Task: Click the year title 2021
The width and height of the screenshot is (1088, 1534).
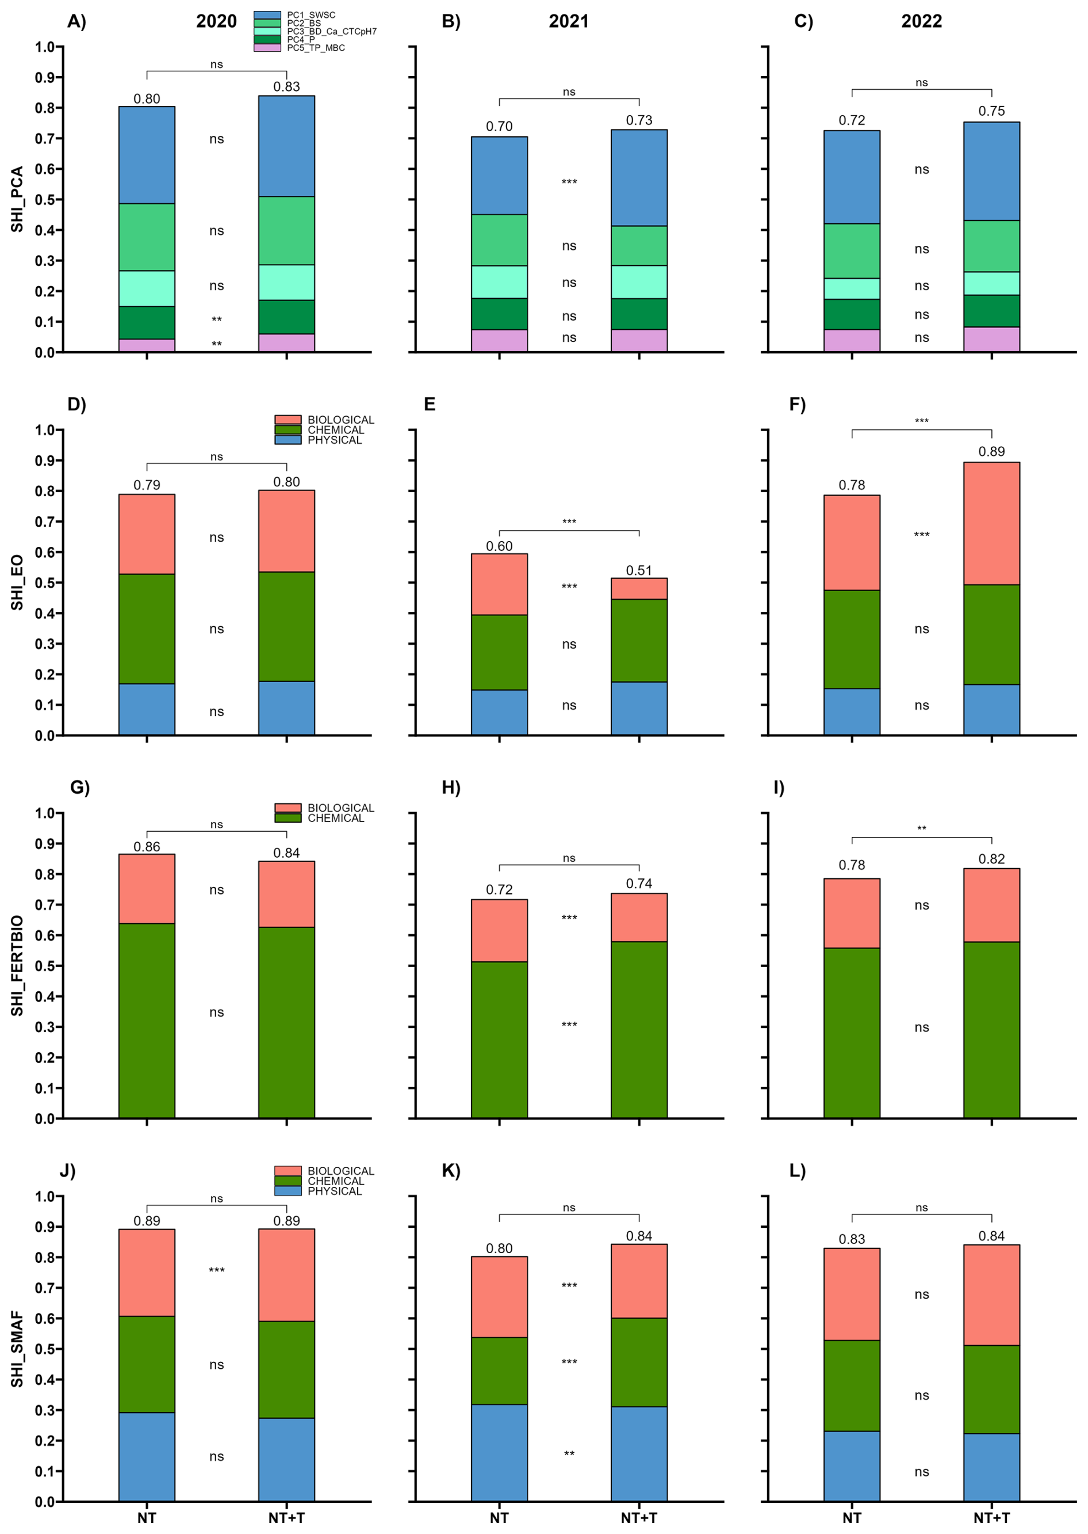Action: tap(568, 21)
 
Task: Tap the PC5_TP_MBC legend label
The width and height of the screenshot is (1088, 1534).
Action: tap(316, 48)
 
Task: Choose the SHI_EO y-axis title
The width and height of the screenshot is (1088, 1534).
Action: tap(17, 582)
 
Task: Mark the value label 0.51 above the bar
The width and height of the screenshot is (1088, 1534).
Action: tap(638, 570)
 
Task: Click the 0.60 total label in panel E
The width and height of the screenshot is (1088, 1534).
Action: tap(499, 546)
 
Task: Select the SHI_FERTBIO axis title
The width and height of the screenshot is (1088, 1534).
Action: tap(17, 965)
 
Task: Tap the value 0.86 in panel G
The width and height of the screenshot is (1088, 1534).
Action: tap(147, 847)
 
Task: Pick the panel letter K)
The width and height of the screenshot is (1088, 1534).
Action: tap(451, 1171)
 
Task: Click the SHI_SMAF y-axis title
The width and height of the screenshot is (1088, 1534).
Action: tap(17, 1349)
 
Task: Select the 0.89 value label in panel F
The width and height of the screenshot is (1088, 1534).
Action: tap(991, 451)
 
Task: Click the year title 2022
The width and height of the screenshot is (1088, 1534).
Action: tap(921, 21)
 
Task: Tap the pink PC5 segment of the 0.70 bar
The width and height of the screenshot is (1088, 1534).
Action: tap(499, 341)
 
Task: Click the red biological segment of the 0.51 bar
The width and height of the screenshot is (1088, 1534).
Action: tap(638, 589)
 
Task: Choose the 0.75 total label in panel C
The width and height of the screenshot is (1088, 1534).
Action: tap(991, 111)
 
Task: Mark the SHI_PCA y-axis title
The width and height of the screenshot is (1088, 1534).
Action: tap(17, 199)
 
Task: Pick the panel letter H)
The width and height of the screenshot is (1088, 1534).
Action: tap(451, 788)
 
